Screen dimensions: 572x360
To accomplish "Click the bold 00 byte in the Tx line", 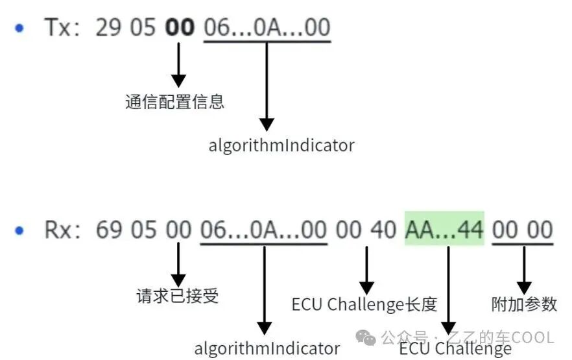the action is click(x=180, y=27).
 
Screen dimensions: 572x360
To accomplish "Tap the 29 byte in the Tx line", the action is click(x=108, y=27).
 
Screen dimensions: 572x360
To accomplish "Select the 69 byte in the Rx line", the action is click(x=108, y=230).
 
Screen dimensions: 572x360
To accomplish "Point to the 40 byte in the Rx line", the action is click(x=384, y=230).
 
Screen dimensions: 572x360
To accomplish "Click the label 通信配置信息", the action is click(x=174, y=101).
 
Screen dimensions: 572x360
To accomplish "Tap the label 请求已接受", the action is click(x=178, y=295).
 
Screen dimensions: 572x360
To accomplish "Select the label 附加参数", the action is click(x=524, y=304).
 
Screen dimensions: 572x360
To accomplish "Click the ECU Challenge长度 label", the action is click(x=364, y=305).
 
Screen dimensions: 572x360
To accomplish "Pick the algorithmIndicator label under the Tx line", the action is click(x=281, y=145).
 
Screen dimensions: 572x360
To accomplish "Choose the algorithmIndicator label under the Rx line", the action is click(x=267, y=348).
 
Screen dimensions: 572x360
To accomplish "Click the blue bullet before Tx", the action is click(x=19, y=28).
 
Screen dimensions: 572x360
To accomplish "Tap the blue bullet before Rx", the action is click(x=19, y=230).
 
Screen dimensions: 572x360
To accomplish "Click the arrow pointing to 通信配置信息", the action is click(x=179, y=65).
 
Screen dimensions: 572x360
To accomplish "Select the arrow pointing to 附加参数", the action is click(x=524, y=270).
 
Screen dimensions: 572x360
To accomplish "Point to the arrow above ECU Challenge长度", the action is click(x=366, y=270).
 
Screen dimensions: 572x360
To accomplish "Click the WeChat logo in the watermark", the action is click(x=366, y=337).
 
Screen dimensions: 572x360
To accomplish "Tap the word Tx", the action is click(x=57, y=27).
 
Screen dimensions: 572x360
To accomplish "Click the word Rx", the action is click(x=58, y=230).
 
